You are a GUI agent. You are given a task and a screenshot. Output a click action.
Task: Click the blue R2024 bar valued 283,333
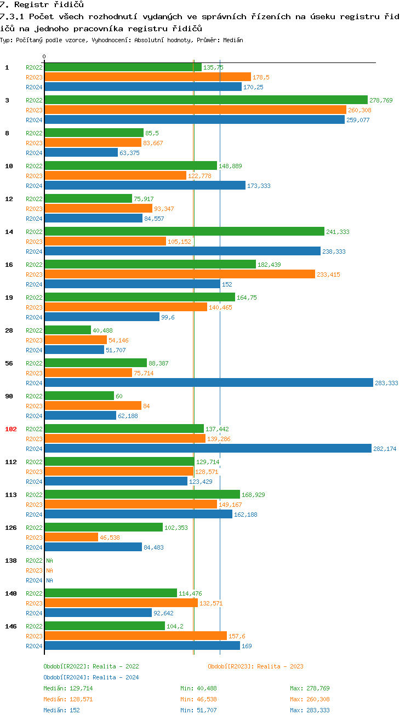coord(208,383)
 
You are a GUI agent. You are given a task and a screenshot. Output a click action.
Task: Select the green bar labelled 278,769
coord(206,100)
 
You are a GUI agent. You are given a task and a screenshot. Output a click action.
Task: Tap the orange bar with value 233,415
coord(179,275)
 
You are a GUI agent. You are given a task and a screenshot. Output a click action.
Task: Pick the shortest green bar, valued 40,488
coord(67,330)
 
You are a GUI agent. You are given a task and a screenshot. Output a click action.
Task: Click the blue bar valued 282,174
coord(208,449)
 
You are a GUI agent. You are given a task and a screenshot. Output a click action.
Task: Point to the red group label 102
coord(11,429)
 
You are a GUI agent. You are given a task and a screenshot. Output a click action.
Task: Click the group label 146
coord(11,626)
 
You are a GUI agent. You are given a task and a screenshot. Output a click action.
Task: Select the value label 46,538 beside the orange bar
coord(110,538)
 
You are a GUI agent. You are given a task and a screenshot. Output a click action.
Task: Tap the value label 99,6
coord(168,317)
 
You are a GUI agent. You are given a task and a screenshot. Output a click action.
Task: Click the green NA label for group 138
coord(49,561)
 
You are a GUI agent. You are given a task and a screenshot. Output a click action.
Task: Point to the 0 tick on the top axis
coord(44,56)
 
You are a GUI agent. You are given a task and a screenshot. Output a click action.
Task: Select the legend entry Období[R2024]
coord(66,677)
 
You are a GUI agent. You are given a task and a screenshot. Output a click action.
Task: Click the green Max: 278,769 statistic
coord(310,688)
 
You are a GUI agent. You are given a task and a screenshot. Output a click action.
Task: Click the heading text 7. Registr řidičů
coord(42,5)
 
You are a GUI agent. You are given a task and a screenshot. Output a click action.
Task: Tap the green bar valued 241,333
coord(184,231)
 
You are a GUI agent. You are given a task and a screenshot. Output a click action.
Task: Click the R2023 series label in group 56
coord(34,373)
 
